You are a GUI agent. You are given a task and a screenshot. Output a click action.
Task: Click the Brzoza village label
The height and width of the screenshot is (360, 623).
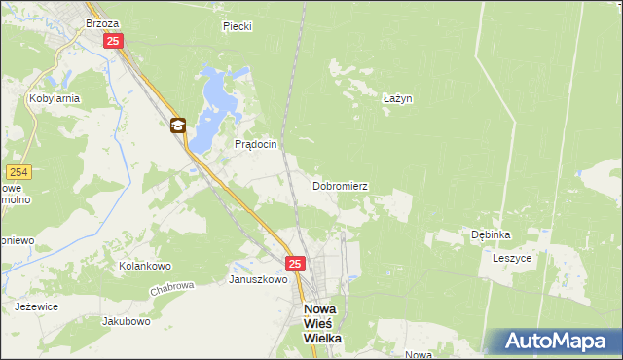[102, 22]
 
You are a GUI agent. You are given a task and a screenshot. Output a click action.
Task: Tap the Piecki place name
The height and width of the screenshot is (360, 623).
[237, 26]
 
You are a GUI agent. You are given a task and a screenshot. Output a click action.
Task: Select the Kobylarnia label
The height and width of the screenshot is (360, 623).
[54, 98]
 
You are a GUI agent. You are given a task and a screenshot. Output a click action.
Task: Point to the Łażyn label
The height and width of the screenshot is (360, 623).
[397, 98]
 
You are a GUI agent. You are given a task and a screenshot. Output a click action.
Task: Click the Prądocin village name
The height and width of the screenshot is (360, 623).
[256, 144]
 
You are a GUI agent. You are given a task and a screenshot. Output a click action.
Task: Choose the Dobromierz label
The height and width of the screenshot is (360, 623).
[340, 185]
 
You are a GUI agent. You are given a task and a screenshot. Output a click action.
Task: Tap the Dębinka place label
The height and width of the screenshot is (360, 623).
[491, 234]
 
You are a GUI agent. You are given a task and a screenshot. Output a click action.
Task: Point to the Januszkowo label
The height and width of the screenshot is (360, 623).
[257, 279]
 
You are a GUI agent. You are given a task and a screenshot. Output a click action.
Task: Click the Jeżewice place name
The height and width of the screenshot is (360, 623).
[36, 306]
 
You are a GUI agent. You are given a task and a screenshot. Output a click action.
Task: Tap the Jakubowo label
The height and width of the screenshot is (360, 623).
[127, 320]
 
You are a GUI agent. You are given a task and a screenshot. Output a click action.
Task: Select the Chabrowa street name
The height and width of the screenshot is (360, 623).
[173, 289]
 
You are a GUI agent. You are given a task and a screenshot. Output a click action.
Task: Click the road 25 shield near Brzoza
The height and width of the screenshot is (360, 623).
[114, 41]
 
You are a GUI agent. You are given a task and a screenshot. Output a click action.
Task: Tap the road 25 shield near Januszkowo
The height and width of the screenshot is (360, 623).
[296, 264]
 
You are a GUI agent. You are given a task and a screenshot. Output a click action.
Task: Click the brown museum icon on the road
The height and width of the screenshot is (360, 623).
[177, 125]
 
